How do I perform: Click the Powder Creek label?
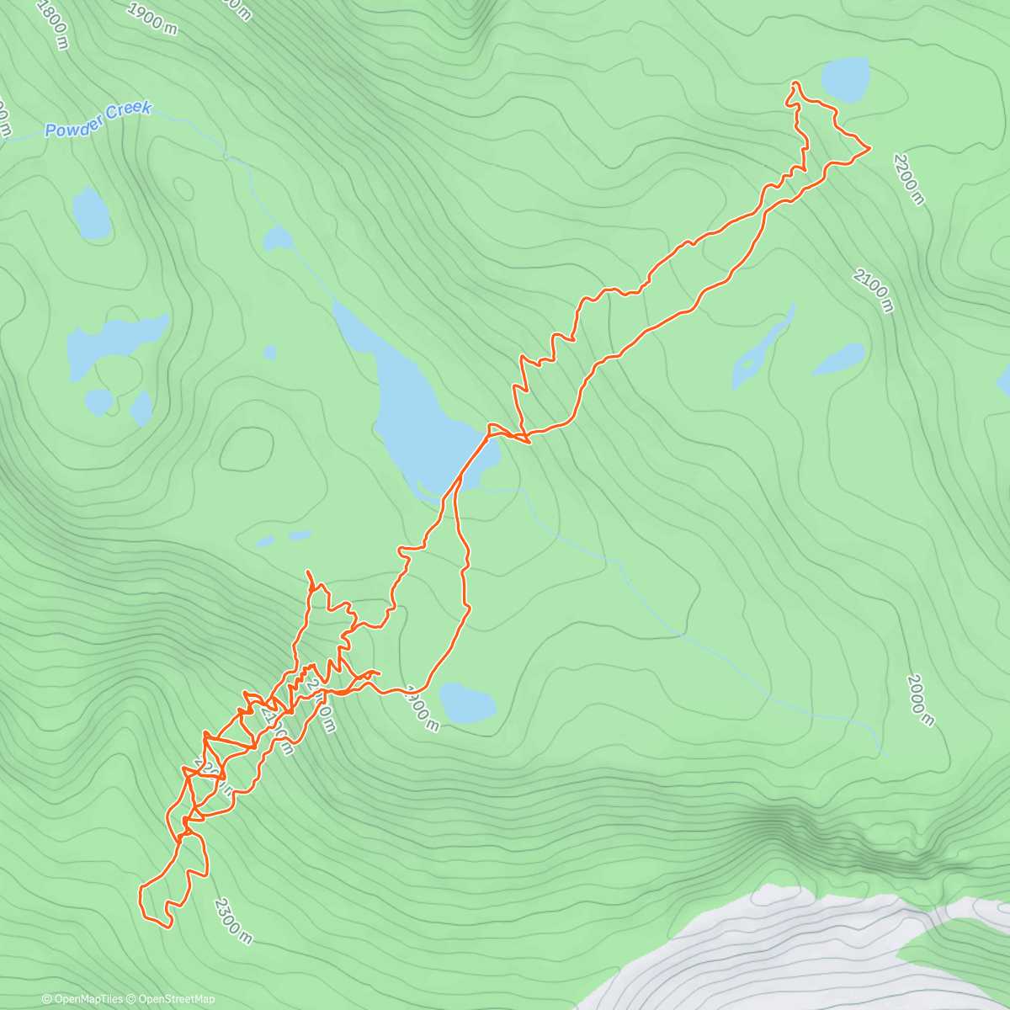[98, 120]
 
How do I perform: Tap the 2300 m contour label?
[232, 921]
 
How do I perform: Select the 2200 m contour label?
[909, 179]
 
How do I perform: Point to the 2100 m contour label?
[873, 289]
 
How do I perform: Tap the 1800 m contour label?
[52, 24]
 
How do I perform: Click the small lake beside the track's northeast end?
[844, 79]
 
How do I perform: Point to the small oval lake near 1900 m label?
[467, 703]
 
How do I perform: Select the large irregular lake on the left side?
[114, 341]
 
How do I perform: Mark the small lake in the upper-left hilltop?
[92, 212]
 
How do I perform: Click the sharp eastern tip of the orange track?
[869, 148]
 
